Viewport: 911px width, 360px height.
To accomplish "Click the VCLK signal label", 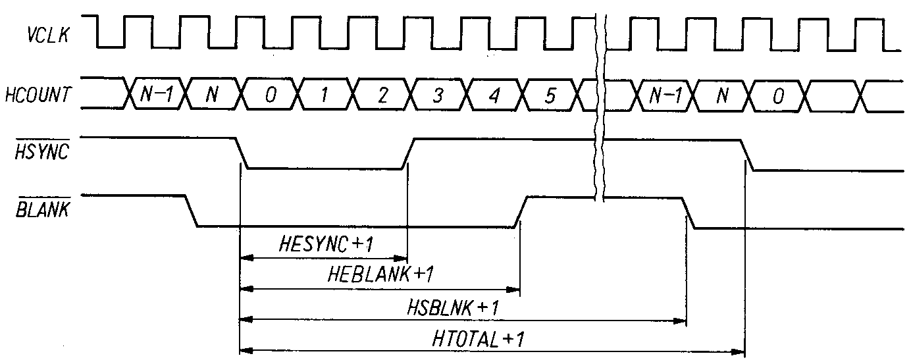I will [x=47, y=34].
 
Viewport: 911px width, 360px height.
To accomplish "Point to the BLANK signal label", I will [x=45, y=211].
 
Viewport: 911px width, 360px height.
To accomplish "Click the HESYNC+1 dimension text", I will [x=326, y=244].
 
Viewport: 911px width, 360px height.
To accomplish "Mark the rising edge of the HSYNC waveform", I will [x=407, y=154].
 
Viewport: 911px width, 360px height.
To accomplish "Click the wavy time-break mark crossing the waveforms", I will [x=600, y=105].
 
